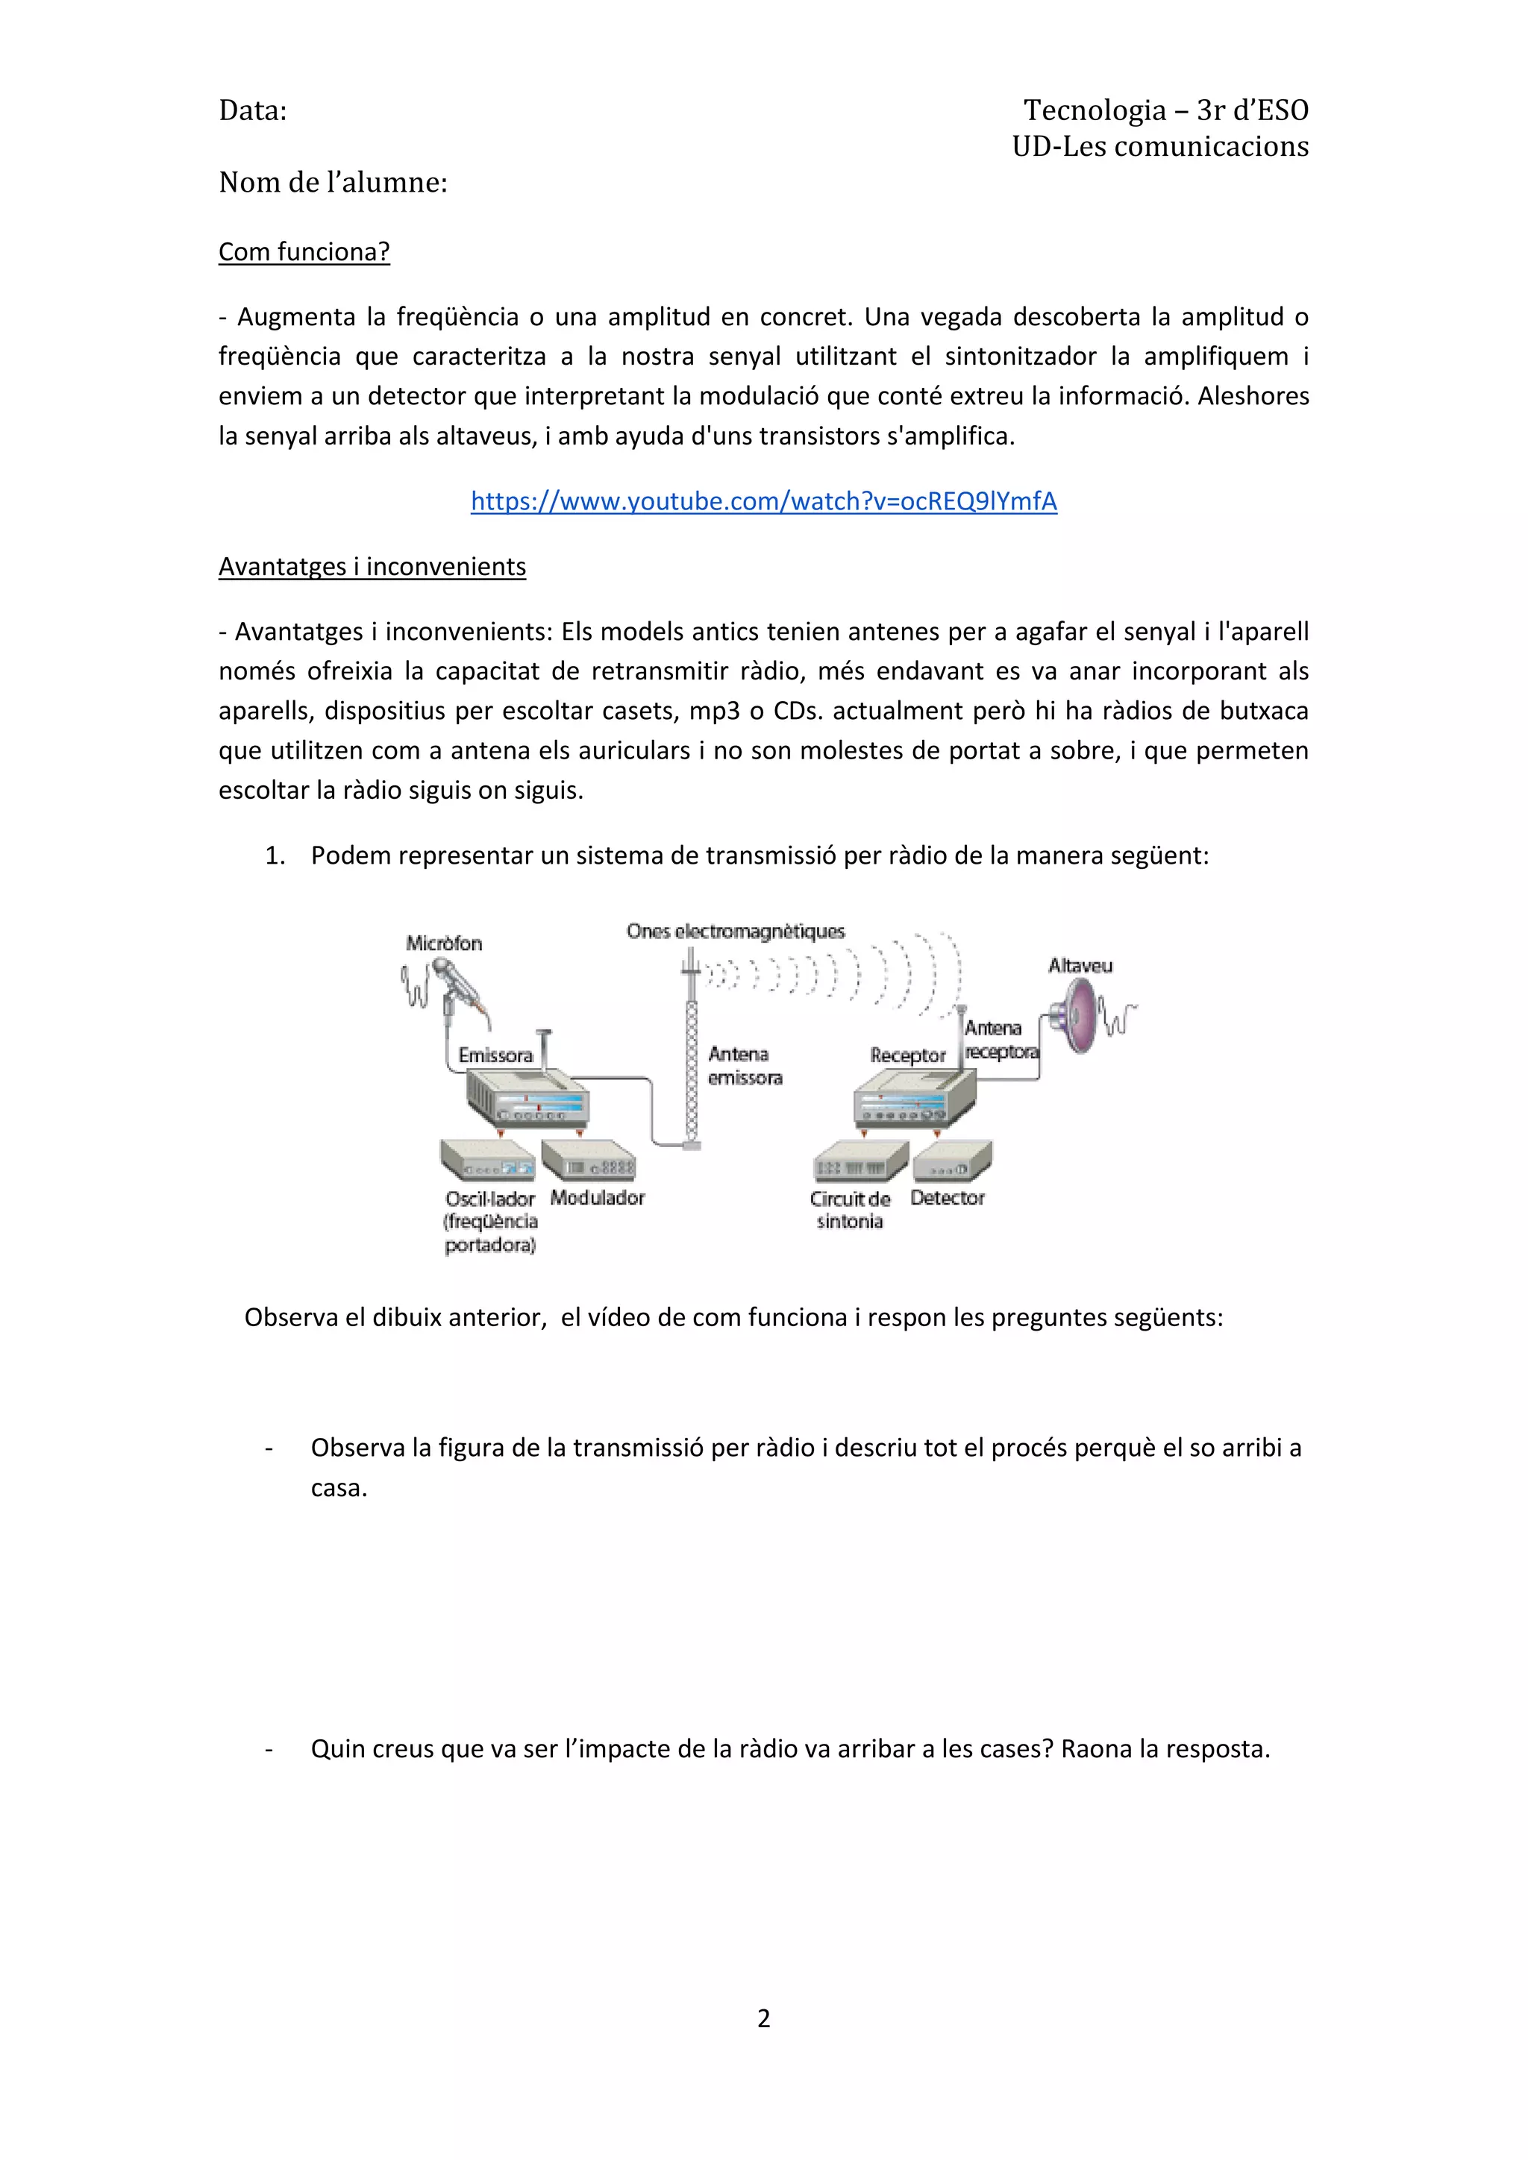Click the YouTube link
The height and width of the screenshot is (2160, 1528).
(763, 501)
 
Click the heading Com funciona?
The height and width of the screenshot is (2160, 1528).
(304, 252)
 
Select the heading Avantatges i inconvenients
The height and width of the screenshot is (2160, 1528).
(372, 566)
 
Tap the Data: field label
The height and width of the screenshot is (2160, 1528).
(252, 111)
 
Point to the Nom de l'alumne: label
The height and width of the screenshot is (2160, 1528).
(333, 183)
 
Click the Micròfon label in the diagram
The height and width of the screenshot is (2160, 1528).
(444, 943)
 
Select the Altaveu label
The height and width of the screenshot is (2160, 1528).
(1080, 965)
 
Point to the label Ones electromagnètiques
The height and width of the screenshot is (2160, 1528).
(736, 932)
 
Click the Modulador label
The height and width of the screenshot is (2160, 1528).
(598, 1198)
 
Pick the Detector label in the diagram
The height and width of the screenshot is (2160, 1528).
(947, 1198)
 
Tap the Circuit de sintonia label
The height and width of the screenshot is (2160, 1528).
(850, 1210)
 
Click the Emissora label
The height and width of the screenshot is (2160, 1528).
(496, 1055)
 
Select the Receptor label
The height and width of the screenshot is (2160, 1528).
(907, 1055)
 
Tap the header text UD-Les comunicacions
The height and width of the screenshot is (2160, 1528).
(1160, 147)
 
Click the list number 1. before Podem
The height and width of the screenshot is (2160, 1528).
(275, 856)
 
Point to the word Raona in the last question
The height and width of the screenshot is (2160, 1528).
(1096, 1749)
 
